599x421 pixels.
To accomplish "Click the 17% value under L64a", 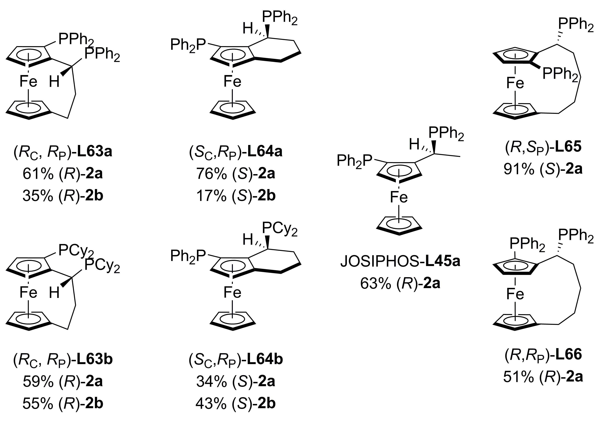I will coord(211,196).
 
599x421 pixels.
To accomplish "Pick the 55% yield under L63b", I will coord(38,403).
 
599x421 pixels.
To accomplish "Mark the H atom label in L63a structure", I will coord(54,82).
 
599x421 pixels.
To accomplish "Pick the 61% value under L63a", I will coord(38,174).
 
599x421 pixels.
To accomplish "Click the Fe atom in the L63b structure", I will coord(28,292).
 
